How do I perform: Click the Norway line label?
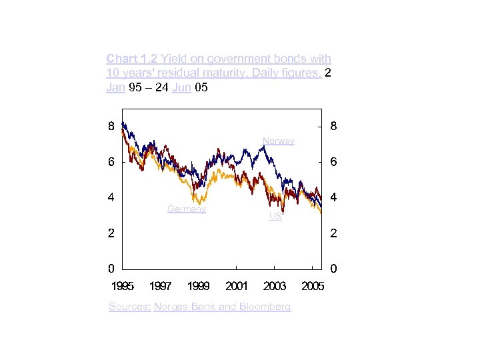pyautogui.click(x=278, y=141)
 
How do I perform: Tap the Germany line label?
pyautogui.click(x=187, y=209)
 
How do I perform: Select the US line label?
pyautogui.click(x=275, y=217)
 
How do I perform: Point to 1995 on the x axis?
pyautogui.click(x=122, y=286)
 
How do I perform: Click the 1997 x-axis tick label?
pyautogui.click(x=160, y=286)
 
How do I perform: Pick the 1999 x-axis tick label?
pyautogui.click(x=199, y=286)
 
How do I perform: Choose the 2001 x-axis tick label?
pyautogui.click(x=237, y=286)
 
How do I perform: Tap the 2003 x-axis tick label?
pyautogui.click(x=275, y=286)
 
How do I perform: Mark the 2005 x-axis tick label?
pyautogui.click(x=313, y=286)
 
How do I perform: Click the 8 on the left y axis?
pyautogui.click(x=111, y=125)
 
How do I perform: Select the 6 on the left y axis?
pyautogui.click(x=111, y=162)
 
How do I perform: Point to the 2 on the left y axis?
pyautogui.click(x=111, y=233)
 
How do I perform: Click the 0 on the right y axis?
pyautogui.click(x=333, y=269)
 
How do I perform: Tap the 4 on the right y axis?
pyautogui.click(x=333, y=198)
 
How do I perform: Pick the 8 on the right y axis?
pyautogui.click(x=333, y=125)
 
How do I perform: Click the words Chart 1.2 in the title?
pyautogui.click(x=131, y=59)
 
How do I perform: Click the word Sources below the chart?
pyautogui.click(x=129, y=307)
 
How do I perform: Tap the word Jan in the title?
pyautogui.click(x=115, y=87)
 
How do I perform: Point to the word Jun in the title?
pyautogui.click(x=181, y=87)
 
